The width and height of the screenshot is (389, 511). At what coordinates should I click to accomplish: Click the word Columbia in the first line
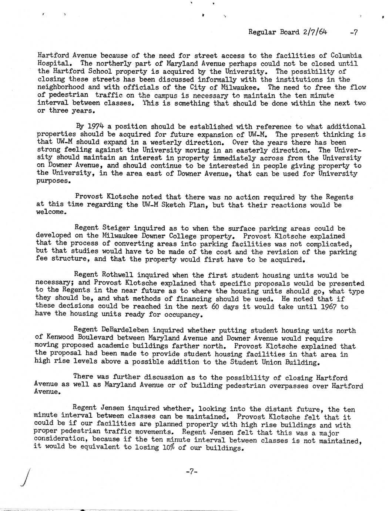346,56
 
